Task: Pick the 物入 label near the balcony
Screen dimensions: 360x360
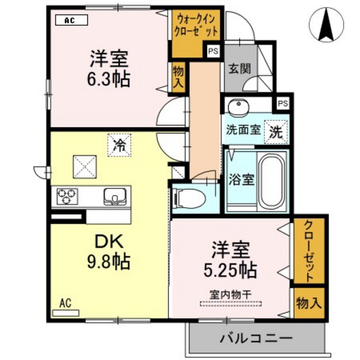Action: [309, 303]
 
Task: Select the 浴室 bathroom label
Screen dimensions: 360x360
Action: [242, 179]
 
